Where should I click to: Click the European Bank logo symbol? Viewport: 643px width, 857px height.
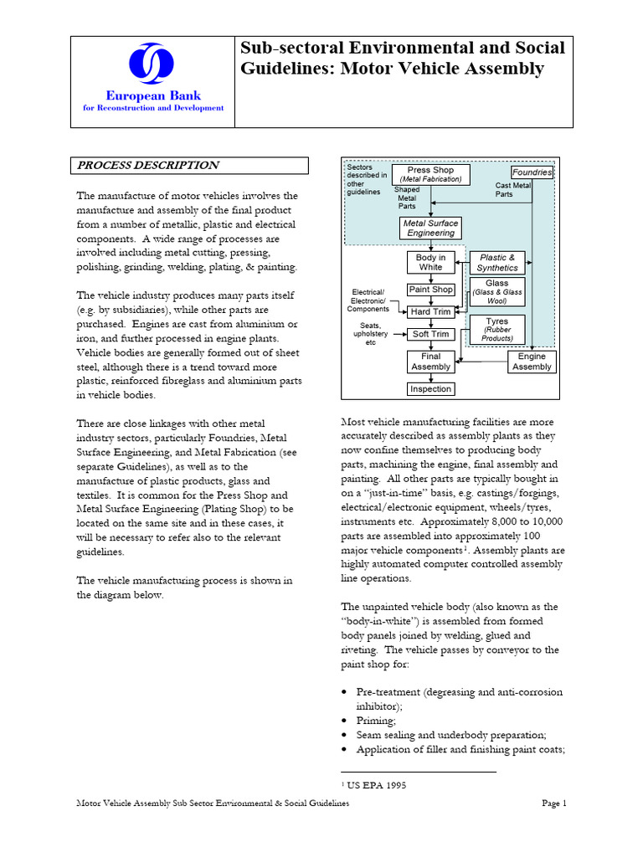(x=152, y=65)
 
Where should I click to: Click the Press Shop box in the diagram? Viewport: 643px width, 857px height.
(x=430, y=174)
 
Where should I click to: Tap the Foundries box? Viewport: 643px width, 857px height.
(x=532, y=172)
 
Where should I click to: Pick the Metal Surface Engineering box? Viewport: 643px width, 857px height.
(x=430, y=228)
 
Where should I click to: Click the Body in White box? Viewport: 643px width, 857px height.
(x=430, y=263)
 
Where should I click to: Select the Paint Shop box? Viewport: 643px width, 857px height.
(x=430, y=290)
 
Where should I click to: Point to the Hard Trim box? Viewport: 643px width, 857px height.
(x=430, y=312)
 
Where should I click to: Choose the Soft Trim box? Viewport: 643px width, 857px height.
(x=430, y=335)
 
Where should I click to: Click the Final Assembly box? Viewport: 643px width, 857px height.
(x=430, y=362)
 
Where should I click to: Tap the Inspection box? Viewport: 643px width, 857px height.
(x=430, y=389)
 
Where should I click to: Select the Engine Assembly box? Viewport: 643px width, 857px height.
(x=532, y=362)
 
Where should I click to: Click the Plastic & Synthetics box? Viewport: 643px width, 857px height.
(x=497, y=263)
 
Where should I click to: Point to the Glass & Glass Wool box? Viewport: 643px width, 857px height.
(x=497, y=292)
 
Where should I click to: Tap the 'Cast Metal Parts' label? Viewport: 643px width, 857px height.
(x=512, y=190)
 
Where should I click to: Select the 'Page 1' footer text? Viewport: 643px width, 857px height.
(x=553, y=803)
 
